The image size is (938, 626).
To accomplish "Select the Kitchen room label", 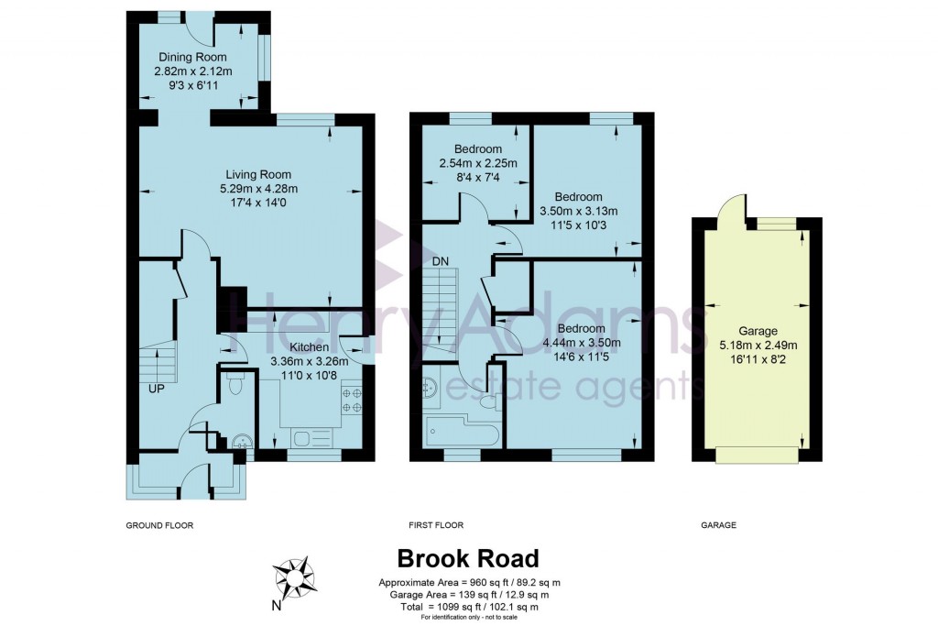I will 309,347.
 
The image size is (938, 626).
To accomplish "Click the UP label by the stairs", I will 158,389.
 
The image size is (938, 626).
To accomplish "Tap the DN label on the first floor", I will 441,261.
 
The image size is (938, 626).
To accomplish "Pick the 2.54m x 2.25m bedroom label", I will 477,149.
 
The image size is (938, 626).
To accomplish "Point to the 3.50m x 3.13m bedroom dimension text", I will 578,211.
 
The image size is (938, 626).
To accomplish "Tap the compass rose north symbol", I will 295,577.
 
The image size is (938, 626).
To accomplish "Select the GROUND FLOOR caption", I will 160,525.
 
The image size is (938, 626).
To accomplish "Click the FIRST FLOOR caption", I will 436,525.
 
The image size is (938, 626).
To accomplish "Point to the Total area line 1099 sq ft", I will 469,607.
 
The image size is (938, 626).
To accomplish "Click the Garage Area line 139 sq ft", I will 469,595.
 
